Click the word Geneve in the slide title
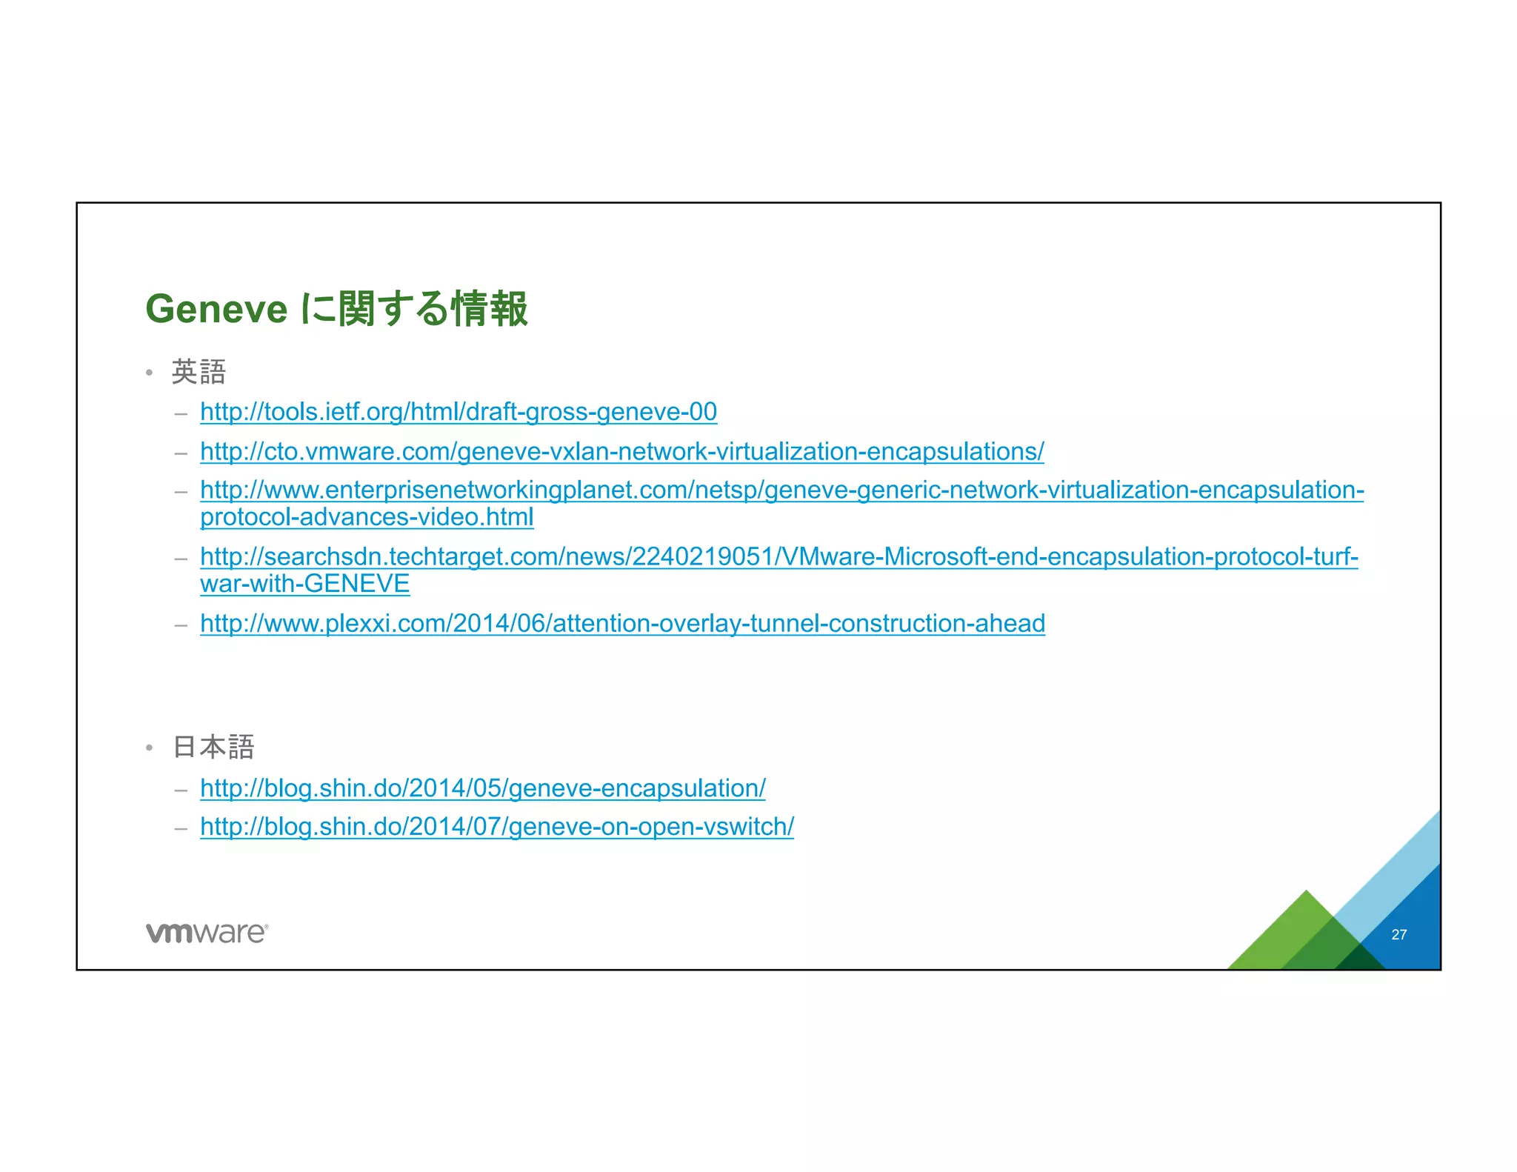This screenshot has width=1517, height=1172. pyautogui.click(x=216, y=309)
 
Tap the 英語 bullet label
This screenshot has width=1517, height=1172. pyautogui.click(x=199, y=372)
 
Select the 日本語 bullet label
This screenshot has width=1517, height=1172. pyautogui.click(x=213, y=747)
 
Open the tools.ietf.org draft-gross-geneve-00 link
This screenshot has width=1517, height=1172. pyautogui.click(x=459, y=412)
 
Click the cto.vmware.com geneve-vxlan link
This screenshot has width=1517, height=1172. pyautogui.click(x=621, y=451)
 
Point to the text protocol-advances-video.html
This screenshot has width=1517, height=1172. pyautogui.click(x=367, y=517)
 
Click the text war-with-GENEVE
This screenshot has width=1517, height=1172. pyautogui.click(x=304, y=584)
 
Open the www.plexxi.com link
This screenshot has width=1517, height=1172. pyautogui.click(x=622, y=624)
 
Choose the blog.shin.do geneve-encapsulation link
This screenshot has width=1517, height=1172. pyautogui.click(x=482, y=788)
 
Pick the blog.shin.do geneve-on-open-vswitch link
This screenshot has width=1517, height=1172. pyautogui.click(x=496, y=827)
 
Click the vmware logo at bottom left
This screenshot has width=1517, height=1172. pyautogui.click(x=207, y=933)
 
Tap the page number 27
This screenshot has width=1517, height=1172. pyautogui.click(x=1398, y=935)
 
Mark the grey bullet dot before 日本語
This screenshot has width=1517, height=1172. pyautogui.click(x=149, y=748)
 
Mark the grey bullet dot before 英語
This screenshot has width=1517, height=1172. pyautogui.click(x=149, y=373)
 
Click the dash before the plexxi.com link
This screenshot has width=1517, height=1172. pyautogui.click(x=181, y=625)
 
